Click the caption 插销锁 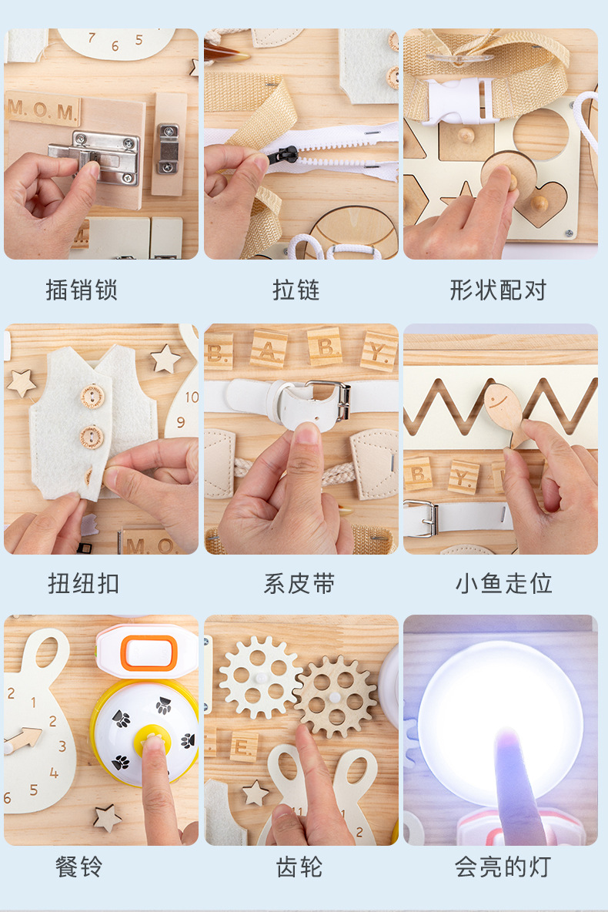(82, 290)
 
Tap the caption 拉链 (296, 290)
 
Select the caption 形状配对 (498, 290)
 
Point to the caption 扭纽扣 (83, 583)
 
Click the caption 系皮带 (299, 583)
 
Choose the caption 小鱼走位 (503, 583)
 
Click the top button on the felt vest (92, 396)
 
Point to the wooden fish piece (503, 408)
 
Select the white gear (259, 676)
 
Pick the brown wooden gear (336, 696)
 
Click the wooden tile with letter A (269, 349)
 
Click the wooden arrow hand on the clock (23, 741)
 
